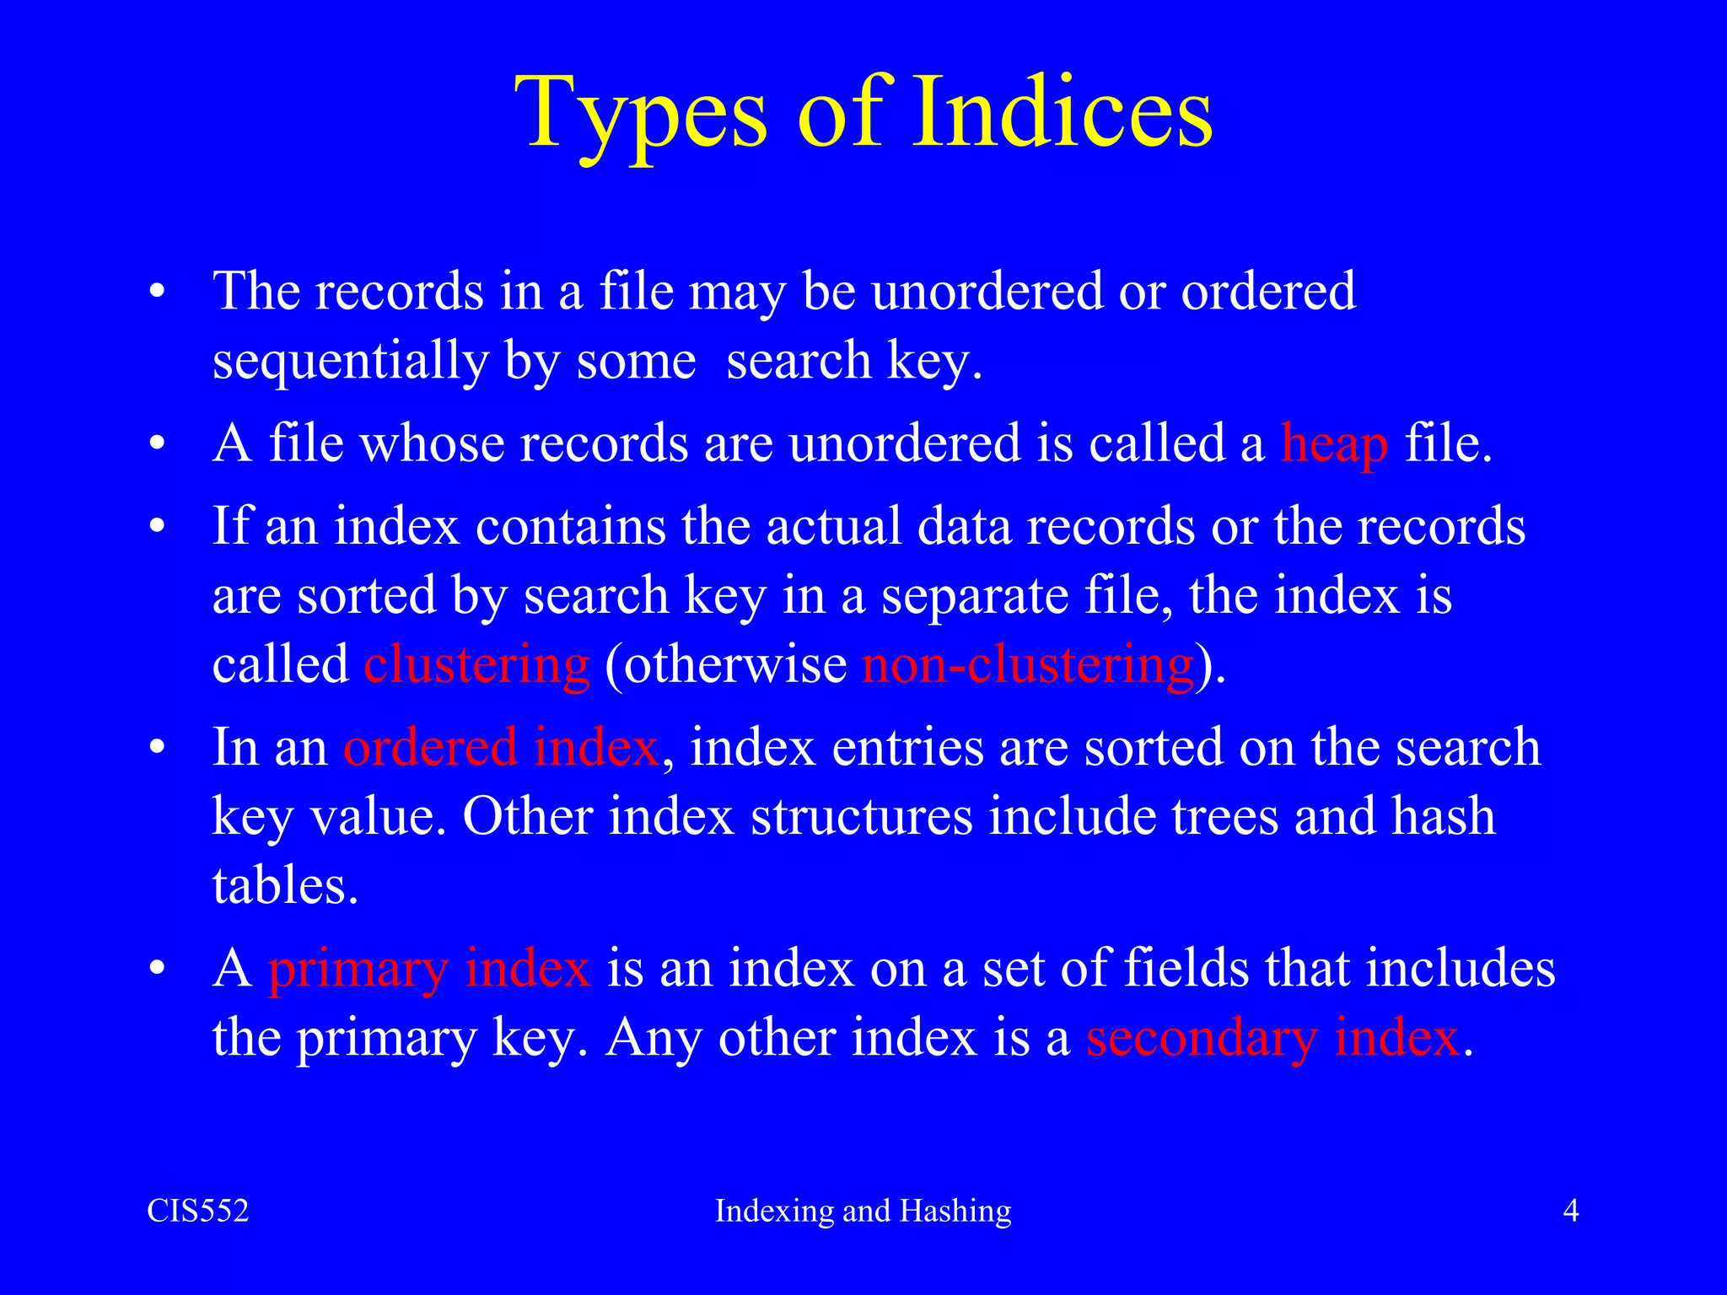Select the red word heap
pos(1334,443)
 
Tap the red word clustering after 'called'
pos(476,664)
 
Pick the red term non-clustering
pos(1028,664)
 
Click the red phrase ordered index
pos(500,747)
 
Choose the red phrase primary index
pos(428,968)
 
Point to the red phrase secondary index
pos(1272,1037)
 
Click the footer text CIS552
pos(198,1211)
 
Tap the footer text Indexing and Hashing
pos(863,1211)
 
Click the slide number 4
pos(1570,1211)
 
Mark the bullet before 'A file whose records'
pos(157,445)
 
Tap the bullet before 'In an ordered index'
pos(157,749)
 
